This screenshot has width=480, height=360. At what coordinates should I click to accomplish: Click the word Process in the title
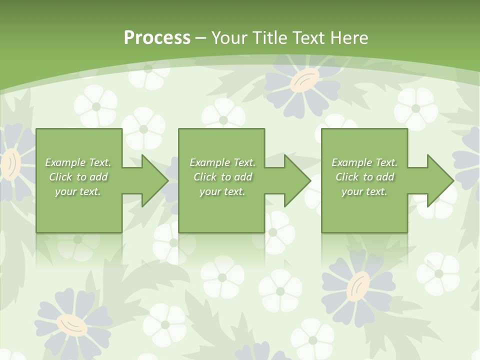click(x=157, y=38)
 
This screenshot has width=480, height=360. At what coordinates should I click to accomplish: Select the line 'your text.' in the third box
click(x=364, y=191)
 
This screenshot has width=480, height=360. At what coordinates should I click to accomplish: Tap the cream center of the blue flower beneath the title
click(x=304, y=79)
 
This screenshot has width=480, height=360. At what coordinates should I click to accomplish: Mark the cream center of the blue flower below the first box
click(x=71, y=325)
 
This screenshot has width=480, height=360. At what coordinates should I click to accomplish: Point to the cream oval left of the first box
click(x=10, y=165)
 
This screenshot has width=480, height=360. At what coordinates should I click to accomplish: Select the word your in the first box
click(x=65, y=191)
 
